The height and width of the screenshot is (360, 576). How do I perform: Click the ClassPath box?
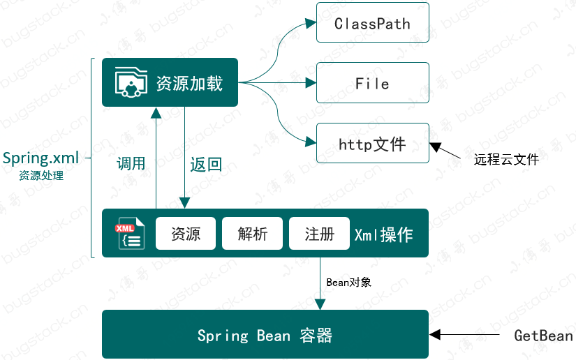pyautogui.click(x=372, y=23)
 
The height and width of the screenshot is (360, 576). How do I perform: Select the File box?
pyautogui.click(x=372, y=84)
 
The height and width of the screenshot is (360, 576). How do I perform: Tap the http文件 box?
pyautogui.click(x=372, y=144)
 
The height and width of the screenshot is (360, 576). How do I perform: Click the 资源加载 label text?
pyautogui.click(x=189, y=83)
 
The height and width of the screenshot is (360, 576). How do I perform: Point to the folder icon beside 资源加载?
pyautogui.click(x=131, y=82)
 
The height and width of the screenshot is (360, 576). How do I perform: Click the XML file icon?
pyautogui.click(x=128, y=234)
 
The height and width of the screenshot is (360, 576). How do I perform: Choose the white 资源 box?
pyautogui.click(x=186, y=234)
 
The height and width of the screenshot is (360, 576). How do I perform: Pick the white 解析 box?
pyautogui.click(x=253, y=234)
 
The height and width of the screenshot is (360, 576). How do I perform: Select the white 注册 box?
pyautogui.click(x=319, y=234)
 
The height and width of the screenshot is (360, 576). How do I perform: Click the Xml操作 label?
pyautogui.click(x=383, y=234)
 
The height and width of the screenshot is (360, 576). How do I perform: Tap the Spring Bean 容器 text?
pyautogui.click(x=265, y=336)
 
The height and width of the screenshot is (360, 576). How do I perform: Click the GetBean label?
pyautogui.click(x=543, y=336)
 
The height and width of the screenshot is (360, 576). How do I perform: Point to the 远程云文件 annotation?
pyautogui.click(x=506, y=160)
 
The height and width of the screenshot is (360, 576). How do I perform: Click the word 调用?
pyautogui.click(x=131, y=164)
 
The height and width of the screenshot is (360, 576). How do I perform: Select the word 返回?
pyautogui.click(x=206, y=165)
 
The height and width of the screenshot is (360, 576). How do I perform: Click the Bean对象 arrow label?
pyautogui.click(x=348, y=282)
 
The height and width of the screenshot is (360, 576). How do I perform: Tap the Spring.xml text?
pyautogui.click(x=40, y=158)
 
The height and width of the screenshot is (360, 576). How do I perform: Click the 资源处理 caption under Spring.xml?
pyautogui.click(x=41, y=176)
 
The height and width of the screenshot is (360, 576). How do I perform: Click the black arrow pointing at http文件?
pyautogui.click(x=447, y=151)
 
